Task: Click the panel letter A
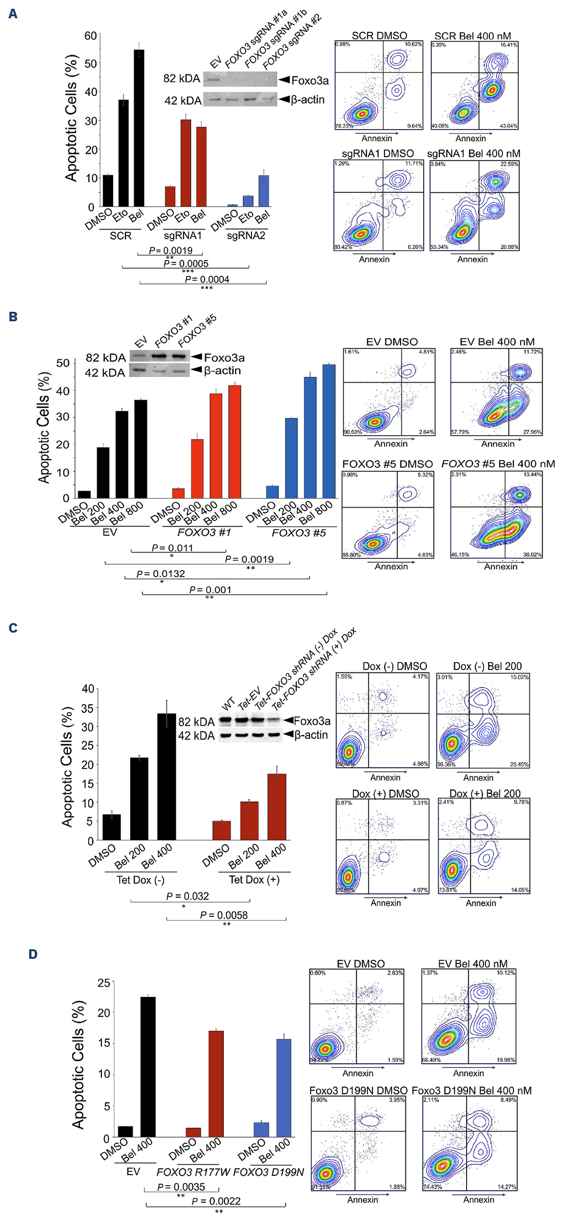coord(13,14)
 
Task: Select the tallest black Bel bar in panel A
coord(139,128)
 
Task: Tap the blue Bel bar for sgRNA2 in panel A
coord(263,191)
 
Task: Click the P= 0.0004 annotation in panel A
coord(207,279)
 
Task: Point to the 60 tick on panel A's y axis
coord(90,36)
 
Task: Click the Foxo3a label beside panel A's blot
coord(310,81)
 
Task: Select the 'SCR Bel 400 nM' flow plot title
coord(473,36)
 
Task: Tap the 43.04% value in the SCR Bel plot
coord(508,126)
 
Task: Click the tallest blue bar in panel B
coord(329,431)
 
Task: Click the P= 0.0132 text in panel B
coord(161,573)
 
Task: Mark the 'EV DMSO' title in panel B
coord(392,342)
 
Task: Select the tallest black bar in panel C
coord(166,777)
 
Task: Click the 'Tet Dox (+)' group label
coord(254,880)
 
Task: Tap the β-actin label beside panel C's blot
coord(311,735)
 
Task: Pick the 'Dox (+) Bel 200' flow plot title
coord(485,793)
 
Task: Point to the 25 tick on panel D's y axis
coord(104,982)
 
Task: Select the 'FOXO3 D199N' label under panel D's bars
coord(268,1172)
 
